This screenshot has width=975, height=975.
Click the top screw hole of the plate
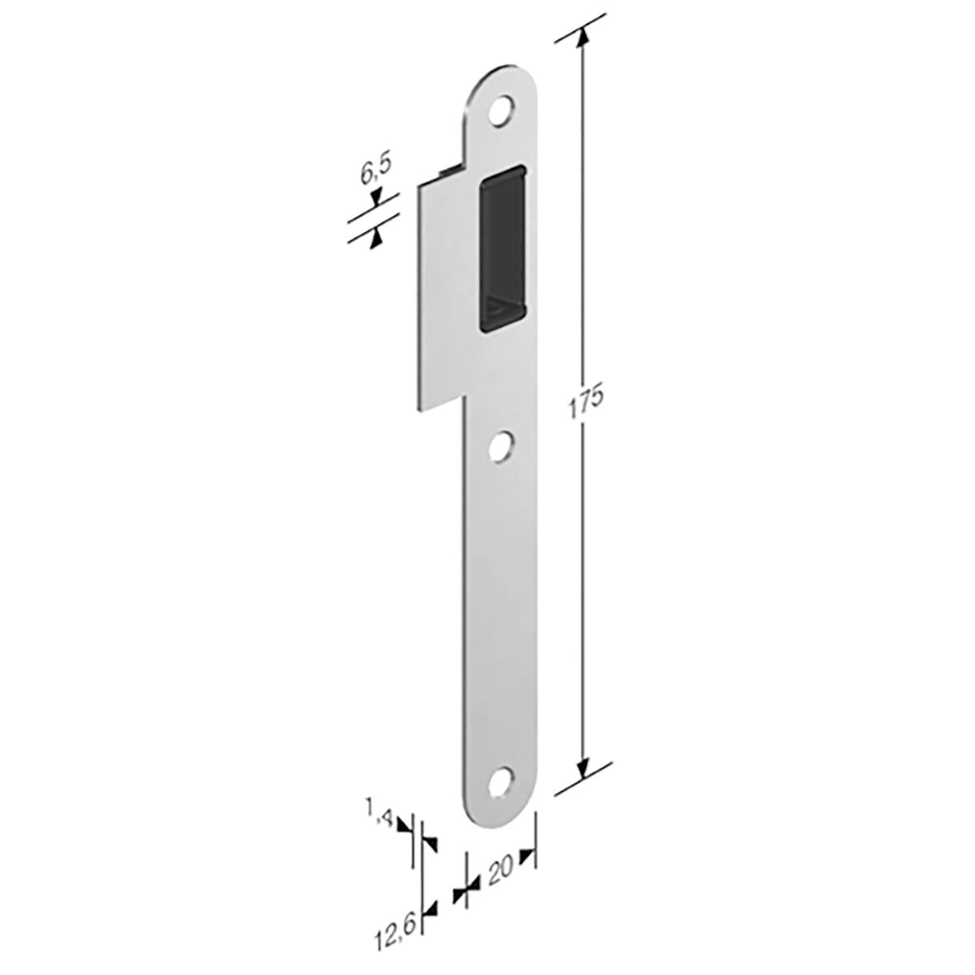click(501, 110)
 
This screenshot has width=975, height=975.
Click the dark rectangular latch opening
click(503, 249)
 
